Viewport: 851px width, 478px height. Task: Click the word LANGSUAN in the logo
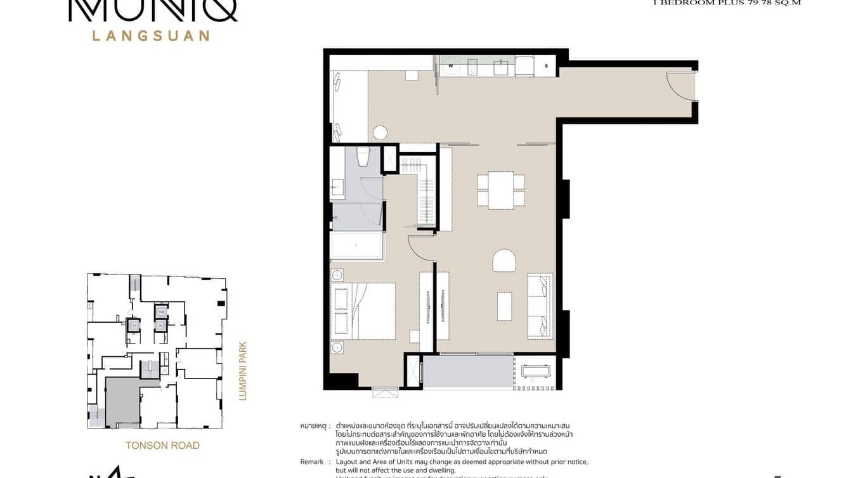tap(151, 36)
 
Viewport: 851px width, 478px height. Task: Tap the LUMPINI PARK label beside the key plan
tap(242, 371)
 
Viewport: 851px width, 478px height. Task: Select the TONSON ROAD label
tap(162, 445)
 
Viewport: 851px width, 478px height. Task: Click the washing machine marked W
tap(451, 67)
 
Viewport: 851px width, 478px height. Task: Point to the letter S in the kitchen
tap(545, 66)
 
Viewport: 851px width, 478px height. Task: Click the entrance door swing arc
tap(680, 87)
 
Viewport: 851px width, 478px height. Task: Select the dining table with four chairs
tap(500, 190)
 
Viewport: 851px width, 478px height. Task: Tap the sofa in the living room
tap(540, 306)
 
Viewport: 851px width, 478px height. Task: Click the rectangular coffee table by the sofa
tap(504, 306)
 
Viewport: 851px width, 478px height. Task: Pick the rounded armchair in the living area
tap(505, 260)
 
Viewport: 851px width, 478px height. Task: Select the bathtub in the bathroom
tap(357, 245)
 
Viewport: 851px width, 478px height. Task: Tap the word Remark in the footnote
tap(312, 462)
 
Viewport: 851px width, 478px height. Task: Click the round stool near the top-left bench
tap(380, 132)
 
